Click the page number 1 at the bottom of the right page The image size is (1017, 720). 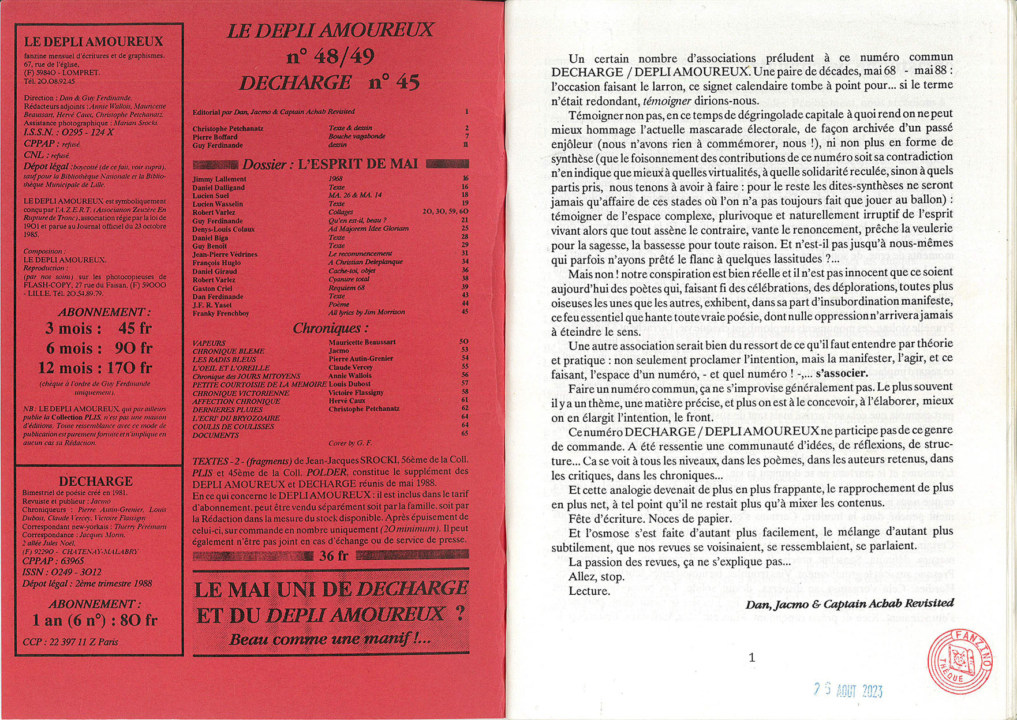pos(751,657)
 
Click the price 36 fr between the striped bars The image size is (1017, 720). pos(334,556)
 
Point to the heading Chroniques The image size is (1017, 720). pos(330,328)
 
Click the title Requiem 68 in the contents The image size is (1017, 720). pos(346,287)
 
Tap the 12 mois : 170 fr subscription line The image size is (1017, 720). pos(95,367)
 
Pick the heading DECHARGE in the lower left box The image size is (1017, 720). pos(95,481)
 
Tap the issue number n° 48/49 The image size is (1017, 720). pos(330,57)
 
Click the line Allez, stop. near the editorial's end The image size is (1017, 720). pos(596,576)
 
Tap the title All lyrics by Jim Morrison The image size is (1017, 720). pos(367,312)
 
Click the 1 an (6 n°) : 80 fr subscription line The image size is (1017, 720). pos(95,620)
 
